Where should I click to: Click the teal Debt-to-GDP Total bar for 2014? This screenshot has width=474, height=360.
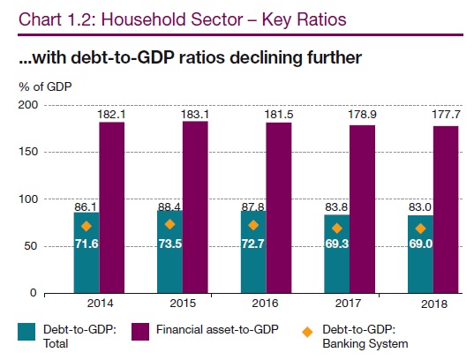click(x=87, y=252)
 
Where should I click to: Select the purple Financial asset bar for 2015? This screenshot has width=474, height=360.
click(x=195, y=207)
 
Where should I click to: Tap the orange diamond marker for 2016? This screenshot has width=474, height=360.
click(x=253, y=225)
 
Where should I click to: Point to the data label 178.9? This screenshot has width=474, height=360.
click(x=362, y=115)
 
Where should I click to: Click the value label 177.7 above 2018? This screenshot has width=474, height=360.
click(x=446, y=115)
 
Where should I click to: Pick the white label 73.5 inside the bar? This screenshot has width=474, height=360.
click(x=170, y=244)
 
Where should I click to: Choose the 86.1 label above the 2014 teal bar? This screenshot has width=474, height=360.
click(x=86, y=207)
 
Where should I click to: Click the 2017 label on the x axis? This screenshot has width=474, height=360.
click(x=349, y=303)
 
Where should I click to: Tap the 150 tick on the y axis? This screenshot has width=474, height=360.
click(x=29, y=152)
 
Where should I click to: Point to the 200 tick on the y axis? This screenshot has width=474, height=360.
click(x=28, y=105)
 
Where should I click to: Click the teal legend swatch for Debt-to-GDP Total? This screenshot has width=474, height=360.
click(x=26, y=332)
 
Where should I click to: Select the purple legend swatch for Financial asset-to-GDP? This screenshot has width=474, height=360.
click(x=140, y=332)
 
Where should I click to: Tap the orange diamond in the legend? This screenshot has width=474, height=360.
click(x=307, y=332)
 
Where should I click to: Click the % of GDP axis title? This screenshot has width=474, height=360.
click(x=45, y=86)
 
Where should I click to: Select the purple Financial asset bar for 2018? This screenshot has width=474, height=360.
click(x=446, y=209)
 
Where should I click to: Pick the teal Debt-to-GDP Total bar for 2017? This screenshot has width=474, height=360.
click(x=337, y=254)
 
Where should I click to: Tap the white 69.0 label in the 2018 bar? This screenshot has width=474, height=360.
click(x=421, y=244)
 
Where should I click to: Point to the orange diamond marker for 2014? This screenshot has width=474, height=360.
click(x=87, y=226)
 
